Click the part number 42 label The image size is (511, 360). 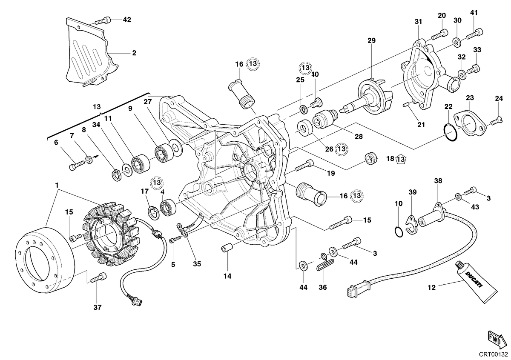[127, 20]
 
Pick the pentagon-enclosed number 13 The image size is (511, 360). [401, 159]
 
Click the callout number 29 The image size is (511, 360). [371, 40]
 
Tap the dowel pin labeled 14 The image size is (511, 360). [227, 248]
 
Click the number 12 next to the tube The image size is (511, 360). [432, 288]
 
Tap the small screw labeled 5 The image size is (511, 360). [175, 239]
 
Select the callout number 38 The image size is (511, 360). [438, 181]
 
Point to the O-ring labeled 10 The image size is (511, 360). [399, 231]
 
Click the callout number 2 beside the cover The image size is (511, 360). [134, 53]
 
